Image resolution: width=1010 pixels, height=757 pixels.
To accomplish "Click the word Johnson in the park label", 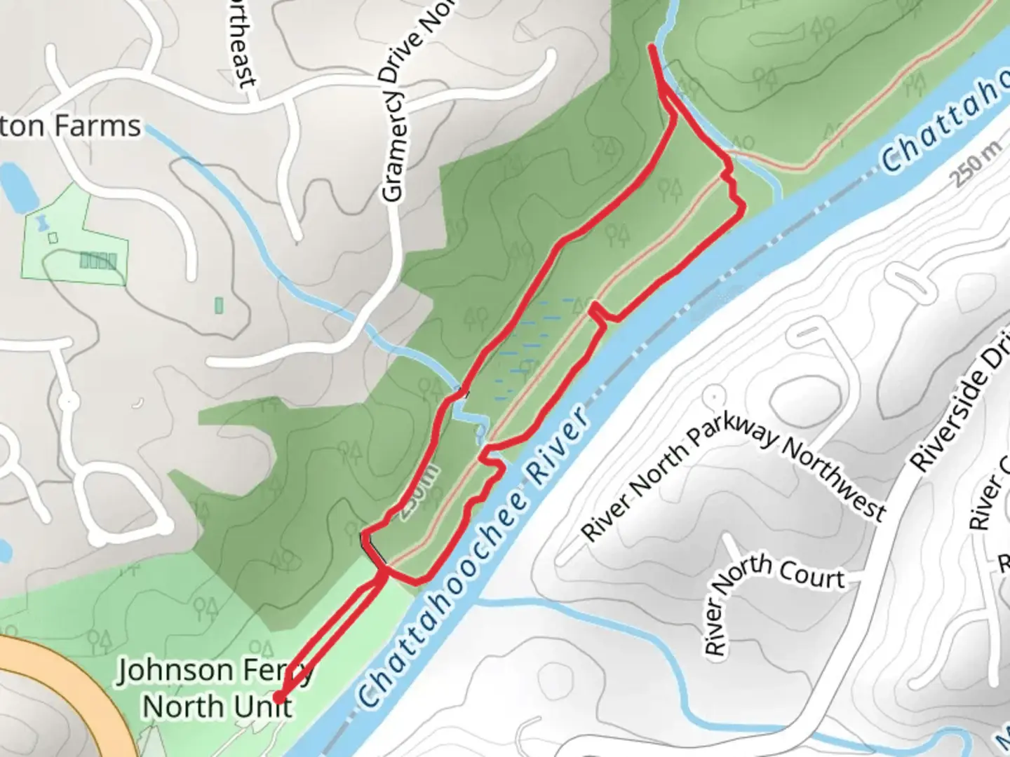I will click(175, 671).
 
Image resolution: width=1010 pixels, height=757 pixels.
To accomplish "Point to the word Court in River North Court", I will click(812, 572).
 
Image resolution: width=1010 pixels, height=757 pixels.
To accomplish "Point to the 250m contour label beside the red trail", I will click(420, 491).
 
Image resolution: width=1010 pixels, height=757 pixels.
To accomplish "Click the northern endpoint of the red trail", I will click(653, 48).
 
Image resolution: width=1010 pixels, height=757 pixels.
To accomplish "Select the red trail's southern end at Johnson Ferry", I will click(278, 697).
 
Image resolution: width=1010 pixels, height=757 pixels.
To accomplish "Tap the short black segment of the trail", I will click(372, 550).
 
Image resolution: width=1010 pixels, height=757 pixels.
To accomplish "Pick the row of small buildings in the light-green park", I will click(97, 261).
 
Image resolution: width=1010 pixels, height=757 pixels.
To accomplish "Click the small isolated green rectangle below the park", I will click(218, 305).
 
